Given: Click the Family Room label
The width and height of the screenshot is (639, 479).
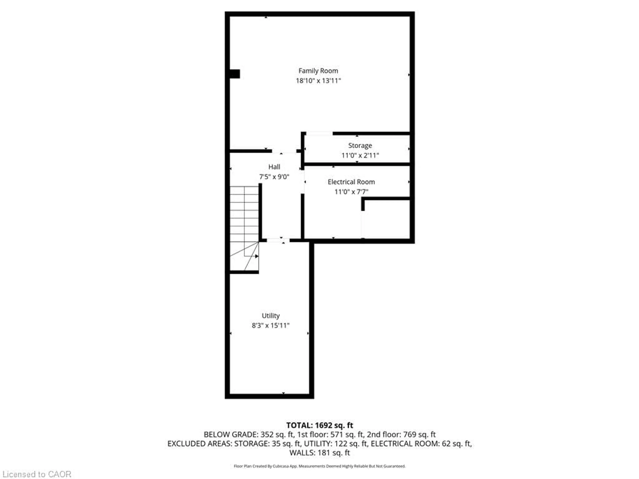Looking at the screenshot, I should pos(318,71).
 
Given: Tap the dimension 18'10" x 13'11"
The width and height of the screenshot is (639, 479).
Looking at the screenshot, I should pos(318,80).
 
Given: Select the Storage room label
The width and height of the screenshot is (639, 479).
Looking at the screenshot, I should pos(360,146).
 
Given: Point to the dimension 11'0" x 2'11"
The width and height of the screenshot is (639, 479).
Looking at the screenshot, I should pos(360,155).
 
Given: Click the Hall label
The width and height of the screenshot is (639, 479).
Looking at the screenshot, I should pos(274,167).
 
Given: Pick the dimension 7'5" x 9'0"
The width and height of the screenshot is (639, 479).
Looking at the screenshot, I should pos(274,177).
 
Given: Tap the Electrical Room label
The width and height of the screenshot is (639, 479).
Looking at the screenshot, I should pos(351,182).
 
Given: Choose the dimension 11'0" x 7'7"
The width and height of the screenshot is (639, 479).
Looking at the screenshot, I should pos(351,192).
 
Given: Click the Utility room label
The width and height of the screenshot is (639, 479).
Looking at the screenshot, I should pos(271,316).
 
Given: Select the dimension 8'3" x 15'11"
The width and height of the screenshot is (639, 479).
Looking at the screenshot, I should pos(271,325).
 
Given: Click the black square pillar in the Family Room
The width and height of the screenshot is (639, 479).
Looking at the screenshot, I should pos(235,74).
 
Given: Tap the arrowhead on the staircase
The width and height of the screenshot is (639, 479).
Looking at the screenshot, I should pos(257,256).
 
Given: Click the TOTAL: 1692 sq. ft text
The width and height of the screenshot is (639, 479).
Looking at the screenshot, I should pos(319,425).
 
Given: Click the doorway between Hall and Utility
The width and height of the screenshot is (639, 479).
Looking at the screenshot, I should pos(278,240).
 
